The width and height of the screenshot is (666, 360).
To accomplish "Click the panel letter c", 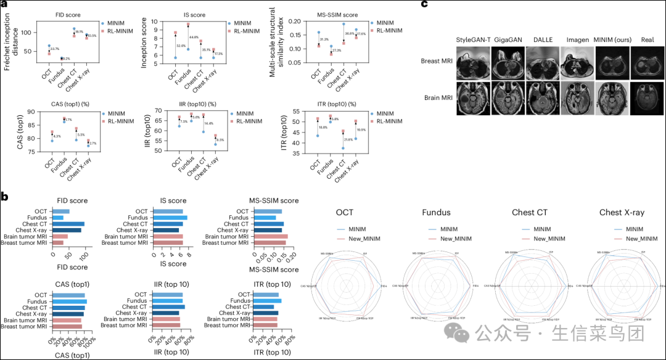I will click(424, 5).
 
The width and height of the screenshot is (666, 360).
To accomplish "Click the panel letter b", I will click(4, 196).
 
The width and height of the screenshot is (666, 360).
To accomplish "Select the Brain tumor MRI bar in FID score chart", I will click(60, 236).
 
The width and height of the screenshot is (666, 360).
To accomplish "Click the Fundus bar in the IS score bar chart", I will click(170, 218).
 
